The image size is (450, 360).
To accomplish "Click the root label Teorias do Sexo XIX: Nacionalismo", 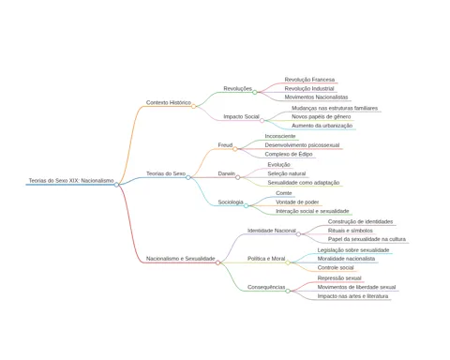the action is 71,181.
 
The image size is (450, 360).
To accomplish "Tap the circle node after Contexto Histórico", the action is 194,106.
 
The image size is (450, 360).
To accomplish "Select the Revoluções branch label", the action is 237,89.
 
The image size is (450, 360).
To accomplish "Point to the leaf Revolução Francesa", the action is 309,80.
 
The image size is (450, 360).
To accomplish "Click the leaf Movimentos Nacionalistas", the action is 316,97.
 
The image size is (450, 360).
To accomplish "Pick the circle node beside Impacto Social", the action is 262,120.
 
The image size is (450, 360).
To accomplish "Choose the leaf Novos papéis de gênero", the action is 321,117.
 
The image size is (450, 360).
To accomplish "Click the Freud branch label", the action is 225,145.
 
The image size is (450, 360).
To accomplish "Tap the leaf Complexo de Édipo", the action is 289,154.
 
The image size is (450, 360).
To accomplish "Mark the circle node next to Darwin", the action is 238,177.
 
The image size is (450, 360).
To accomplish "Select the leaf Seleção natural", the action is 287,173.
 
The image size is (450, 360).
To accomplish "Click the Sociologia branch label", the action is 231,202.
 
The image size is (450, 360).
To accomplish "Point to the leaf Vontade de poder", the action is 297,202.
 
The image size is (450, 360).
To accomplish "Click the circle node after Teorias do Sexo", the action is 188,177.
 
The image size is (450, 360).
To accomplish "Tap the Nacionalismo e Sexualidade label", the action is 181,259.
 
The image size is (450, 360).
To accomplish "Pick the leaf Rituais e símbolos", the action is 351,231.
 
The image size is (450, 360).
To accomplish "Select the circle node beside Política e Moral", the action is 288,262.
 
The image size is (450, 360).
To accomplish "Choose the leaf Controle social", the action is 336,268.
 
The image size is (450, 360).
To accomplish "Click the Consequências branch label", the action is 266,287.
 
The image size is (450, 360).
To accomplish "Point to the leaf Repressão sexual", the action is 339,278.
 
